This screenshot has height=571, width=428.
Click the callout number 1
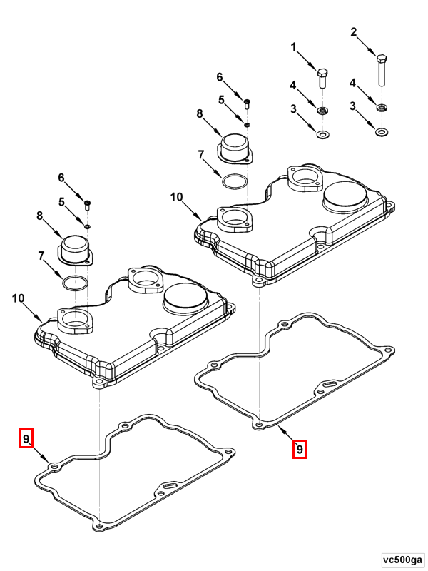(x=292, y=47)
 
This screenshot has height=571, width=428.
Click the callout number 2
(x=353, y=32)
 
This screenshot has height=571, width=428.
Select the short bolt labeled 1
(x=322, y=77)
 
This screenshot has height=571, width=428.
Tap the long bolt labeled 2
(x=382, y=71)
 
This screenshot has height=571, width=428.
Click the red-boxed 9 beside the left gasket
(x=26, y=438)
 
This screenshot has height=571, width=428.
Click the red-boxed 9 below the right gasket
(x=300, y=450)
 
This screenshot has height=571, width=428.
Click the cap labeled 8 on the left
(x=74, y=251)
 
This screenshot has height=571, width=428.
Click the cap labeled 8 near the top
(x=234, y=146)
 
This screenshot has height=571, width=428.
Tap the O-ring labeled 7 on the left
(x=74, y=283)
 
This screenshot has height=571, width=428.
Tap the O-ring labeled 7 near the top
(x=235, y=181)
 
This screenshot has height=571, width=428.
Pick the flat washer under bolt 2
(x=382, y=133)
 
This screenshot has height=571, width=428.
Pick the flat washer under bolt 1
(x=322, y=134)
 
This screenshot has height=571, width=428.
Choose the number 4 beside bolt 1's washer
(x=292, y=86)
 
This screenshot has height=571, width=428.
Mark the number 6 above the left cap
(x=61, y=178)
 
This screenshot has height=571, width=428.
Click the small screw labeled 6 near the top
(x=247, y=103)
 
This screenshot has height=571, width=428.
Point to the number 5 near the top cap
(x=221, y=100)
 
